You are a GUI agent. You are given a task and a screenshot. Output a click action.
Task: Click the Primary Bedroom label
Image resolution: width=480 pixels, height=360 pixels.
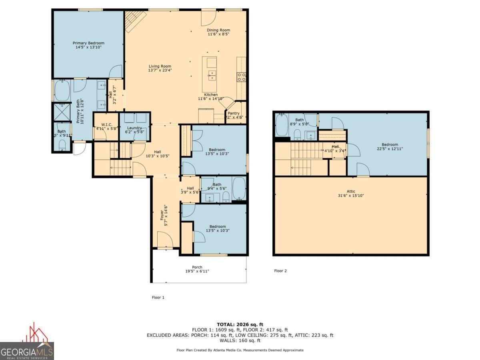88,43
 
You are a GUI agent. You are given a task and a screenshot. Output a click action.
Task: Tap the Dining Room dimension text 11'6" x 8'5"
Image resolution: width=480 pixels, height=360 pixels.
218,34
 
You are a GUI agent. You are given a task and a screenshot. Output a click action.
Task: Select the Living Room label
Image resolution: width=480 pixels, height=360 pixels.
160,66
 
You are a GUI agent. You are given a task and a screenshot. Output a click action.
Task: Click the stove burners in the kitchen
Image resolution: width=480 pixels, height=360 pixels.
242,77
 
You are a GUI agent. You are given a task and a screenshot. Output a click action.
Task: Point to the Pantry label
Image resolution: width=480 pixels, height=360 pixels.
234,113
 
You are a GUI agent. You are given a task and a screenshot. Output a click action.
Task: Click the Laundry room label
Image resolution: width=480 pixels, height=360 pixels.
135,128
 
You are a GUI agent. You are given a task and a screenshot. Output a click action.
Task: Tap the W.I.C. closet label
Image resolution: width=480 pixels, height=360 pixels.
106,124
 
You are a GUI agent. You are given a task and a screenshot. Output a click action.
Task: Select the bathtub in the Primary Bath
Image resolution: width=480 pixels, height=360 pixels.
62,91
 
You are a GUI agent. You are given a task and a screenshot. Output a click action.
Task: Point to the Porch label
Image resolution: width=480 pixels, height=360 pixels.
197,267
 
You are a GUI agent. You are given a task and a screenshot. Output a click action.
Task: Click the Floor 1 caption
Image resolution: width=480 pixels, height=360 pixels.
158,297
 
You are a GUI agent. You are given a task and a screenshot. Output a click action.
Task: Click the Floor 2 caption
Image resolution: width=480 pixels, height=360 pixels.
280,271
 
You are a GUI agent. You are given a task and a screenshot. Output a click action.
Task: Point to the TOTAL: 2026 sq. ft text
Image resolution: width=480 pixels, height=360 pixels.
240,324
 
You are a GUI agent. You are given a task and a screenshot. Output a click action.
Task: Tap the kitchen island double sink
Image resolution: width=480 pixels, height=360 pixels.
211,74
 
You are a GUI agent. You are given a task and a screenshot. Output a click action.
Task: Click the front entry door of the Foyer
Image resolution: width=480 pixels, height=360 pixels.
165,241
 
